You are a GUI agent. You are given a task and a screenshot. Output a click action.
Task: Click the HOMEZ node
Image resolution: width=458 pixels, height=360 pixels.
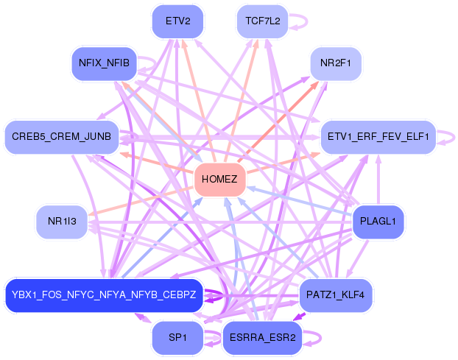coord(219,180)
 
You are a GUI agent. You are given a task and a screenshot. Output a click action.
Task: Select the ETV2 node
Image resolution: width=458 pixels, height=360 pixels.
coord(177,21)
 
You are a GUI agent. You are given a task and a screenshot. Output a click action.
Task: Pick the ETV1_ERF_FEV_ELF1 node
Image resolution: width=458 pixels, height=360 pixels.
coord(378,137)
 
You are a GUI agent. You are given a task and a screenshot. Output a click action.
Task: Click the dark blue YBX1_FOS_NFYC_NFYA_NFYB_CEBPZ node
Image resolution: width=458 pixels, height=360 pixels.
coord(103,295)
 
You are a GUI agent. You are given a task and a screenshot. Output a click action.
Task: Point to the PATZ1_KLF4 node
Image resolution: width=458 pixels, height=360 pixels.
coord(336,295)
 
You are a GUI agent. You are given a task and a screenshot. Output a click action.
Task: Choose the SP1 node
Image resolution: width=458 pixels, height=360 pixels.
coord(177,338)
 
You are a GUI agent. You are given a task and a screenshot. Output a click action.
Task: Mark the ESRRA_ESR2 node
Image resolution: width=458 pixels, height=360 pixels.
coord(262,338)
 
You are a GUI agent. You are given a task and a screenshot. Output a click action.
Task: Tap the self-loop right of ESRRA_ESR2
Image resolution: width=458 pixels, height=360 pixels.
coord(315,338)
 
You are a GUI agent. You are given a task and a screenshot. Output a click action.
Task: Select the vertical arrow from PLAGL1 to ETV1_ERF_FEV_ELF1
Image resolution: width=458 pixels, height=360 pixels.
coord(378,180)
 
